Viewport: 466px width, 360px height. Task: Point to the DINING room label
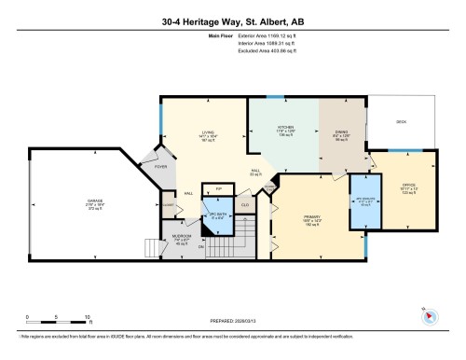point(340,133)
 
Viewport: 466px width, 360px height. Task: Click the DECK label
point(401,120)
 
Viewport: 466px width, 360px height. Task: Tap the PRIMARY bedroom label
point(312,217)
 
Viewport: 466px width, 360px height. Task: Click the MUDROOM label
point(185,236)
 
